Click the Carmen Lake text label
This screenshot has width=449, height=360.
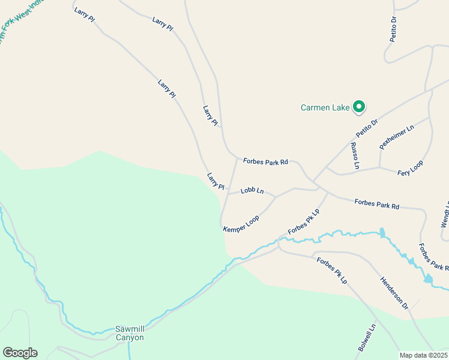pos(325,108)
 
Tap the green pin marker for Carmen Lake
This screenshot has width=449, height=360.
pos(359,107)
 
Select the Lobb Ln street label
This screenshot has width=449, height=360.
pos(252,191)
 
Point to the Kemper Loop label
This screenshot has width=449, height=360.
pos(241,224)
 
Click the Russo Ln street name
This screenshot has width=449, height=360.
pos(355,155)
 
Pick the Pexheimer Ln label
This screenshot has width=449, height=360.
pos(397,137)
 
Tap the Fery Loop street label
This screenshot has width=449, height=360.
pos(411,168)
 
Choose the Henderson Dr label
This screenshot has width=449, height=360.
pos(394,293)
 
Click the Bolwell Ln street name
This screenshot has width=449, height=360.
pos(367,338)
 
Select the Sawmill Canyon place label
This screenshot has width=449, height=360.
pos(130,333)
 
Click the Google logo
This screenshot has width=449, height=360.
pos(20,353)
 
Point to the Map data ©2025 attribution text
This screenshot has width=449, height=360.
pos(423,355)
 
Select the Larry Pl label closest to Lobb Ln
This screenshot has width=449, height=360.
pos(215,181)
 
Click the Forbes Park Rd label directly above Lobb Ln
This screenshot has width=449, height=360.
pos(265,161)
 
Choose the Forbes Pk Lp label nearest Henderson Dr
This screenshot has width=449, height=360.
pos(332,270)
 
